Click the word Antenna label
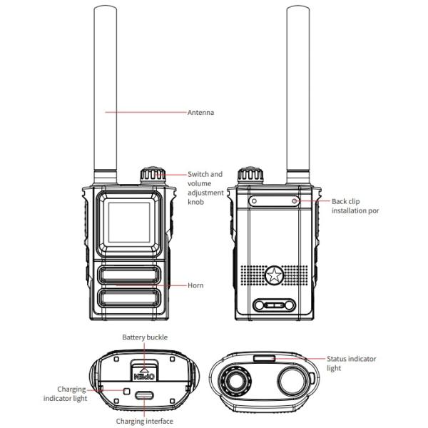pos(200,112)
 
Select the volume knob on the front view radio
pos(151,175)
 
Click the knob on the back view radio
pos(247,175)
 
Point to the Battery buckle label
pos(144,337)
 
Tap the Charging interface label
pos(145,421)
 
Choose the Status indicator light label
pos(351,363)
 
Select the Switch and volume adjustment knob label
pos(205,187)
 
